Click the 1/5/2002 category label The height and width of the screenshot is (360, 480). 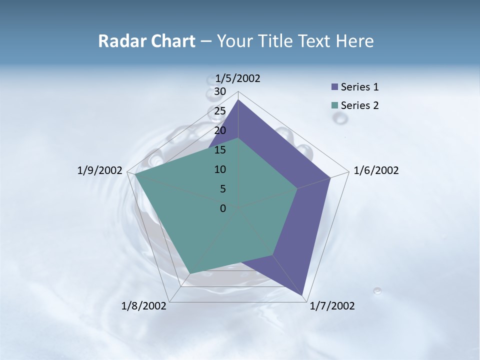pyautogui.click(x=237, y=78)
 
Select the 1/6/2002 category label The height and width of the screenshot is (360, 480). pyautogui.click(x=376, y=170)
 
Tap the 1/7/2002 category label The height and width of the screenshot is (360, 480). pyautogui.click(x=332, y=306)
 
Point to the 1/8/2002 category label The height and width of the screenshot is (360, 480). pyautogui.click(x=144, y=306)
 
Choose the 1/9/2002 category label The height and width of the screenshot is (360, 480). pyautogui.click(x=100, y=170)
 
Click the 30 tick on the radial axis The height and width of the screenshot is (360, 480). pyautogui.click(x=220, y=91)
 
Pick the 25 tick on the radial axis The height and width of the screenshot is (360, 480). pyautogui.click(x=220, y=111)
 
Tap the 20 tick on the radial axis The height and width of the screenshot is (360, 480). pyautogui.click(x=220, y=130)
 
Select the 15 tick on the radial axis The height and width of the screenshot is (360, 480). pyautogui.click(x=220, y=150)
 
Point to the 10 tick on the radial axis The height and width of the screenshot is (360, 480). pyautogui.click(x=220, y=169)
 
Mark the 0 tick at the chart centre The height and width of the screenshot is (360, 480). pyautogui.click(x=223, y=208)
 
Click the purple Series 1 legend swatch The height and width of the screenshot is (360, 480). pyautogui.click(x=334, y=87)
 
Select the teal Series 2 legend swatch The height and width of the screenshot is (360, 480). pyautogui.click(x=334, y=105)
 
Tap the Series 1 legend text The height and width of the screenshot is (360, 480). pyautogui.click(x=359, y=87)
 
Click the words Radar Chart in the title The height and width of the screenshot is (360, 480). pyautogui.click(x=146, y=41)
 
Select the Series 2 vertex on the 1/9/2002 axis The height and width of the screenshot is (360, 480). pyautogui.click(x=135, y=175)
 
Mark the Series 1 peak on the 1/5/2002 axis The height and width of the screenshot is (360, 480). pyautogui.click(x=238, y=100)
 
